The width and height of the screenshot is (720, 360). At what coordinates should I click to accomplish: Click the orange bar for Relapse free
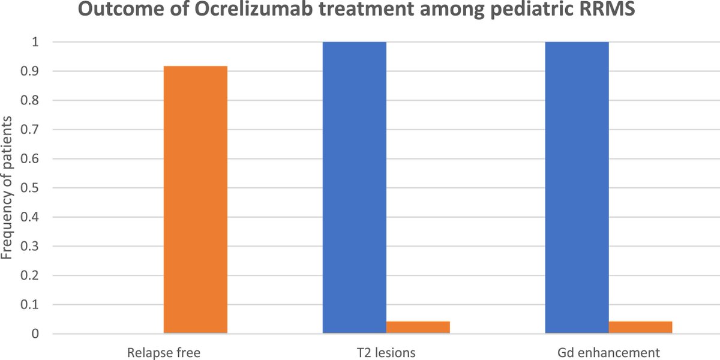click(196, 199)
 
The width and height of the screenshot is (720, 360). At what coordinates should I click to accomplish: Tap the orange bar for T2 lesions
click(418, 327)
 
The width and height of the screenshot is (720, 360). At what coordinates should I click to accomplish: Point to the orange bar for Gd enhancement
click(640, 327)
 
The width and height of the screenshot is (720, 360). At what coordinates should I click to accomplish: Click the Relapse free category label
click(163, 352)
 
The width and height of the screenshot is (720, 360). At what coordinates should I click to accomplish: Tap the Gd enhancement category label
click(608, 352)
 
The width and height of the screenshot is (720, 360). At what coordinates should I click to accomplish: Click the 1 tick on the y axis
click(35, 42)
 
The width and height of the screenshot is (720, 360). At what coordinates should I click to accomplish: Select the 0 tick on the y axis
click(35, 334)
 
